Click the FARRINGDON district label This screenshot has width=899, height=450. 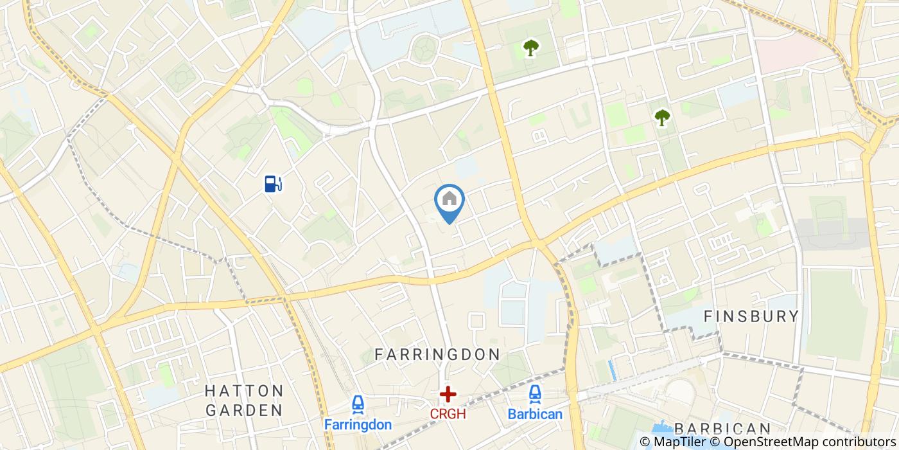point(437,354)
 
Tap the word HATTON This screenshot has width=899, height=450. point(244,391)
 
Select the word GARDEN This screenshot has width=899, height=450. point(244,410)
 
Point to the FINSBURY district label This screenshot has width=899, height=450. point(751,316)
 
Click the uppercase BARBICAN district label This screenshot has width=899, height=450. point(722,429)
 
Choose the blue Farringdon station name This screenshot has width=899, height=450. point(358,425)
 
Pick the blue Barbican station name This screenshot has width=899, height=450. point(535,414)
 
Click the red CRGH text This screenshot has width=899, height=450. point(448,414)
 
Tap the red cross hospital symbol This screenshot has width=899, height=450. point(448,394)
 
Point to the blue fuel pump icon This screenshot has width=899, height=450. point(273,184)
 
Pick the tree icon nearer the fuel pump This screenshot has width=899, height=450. point(530,48)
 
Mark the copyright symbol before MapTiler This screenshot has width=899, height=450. point(645,442)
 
